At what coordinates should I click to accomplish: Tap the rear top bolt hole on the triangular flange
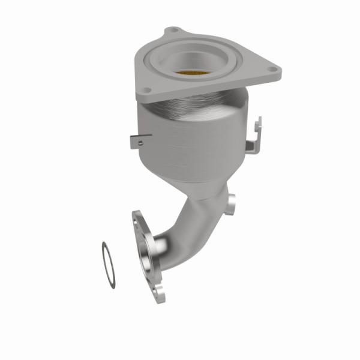coord(173,30)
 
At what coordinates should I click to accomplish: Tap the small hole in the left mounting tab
coord(139,142)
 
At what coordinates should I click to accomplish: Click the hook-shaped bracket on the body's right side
coord(254,135)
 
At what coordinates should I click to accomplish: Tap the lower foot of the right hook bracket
coord(251,148)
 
